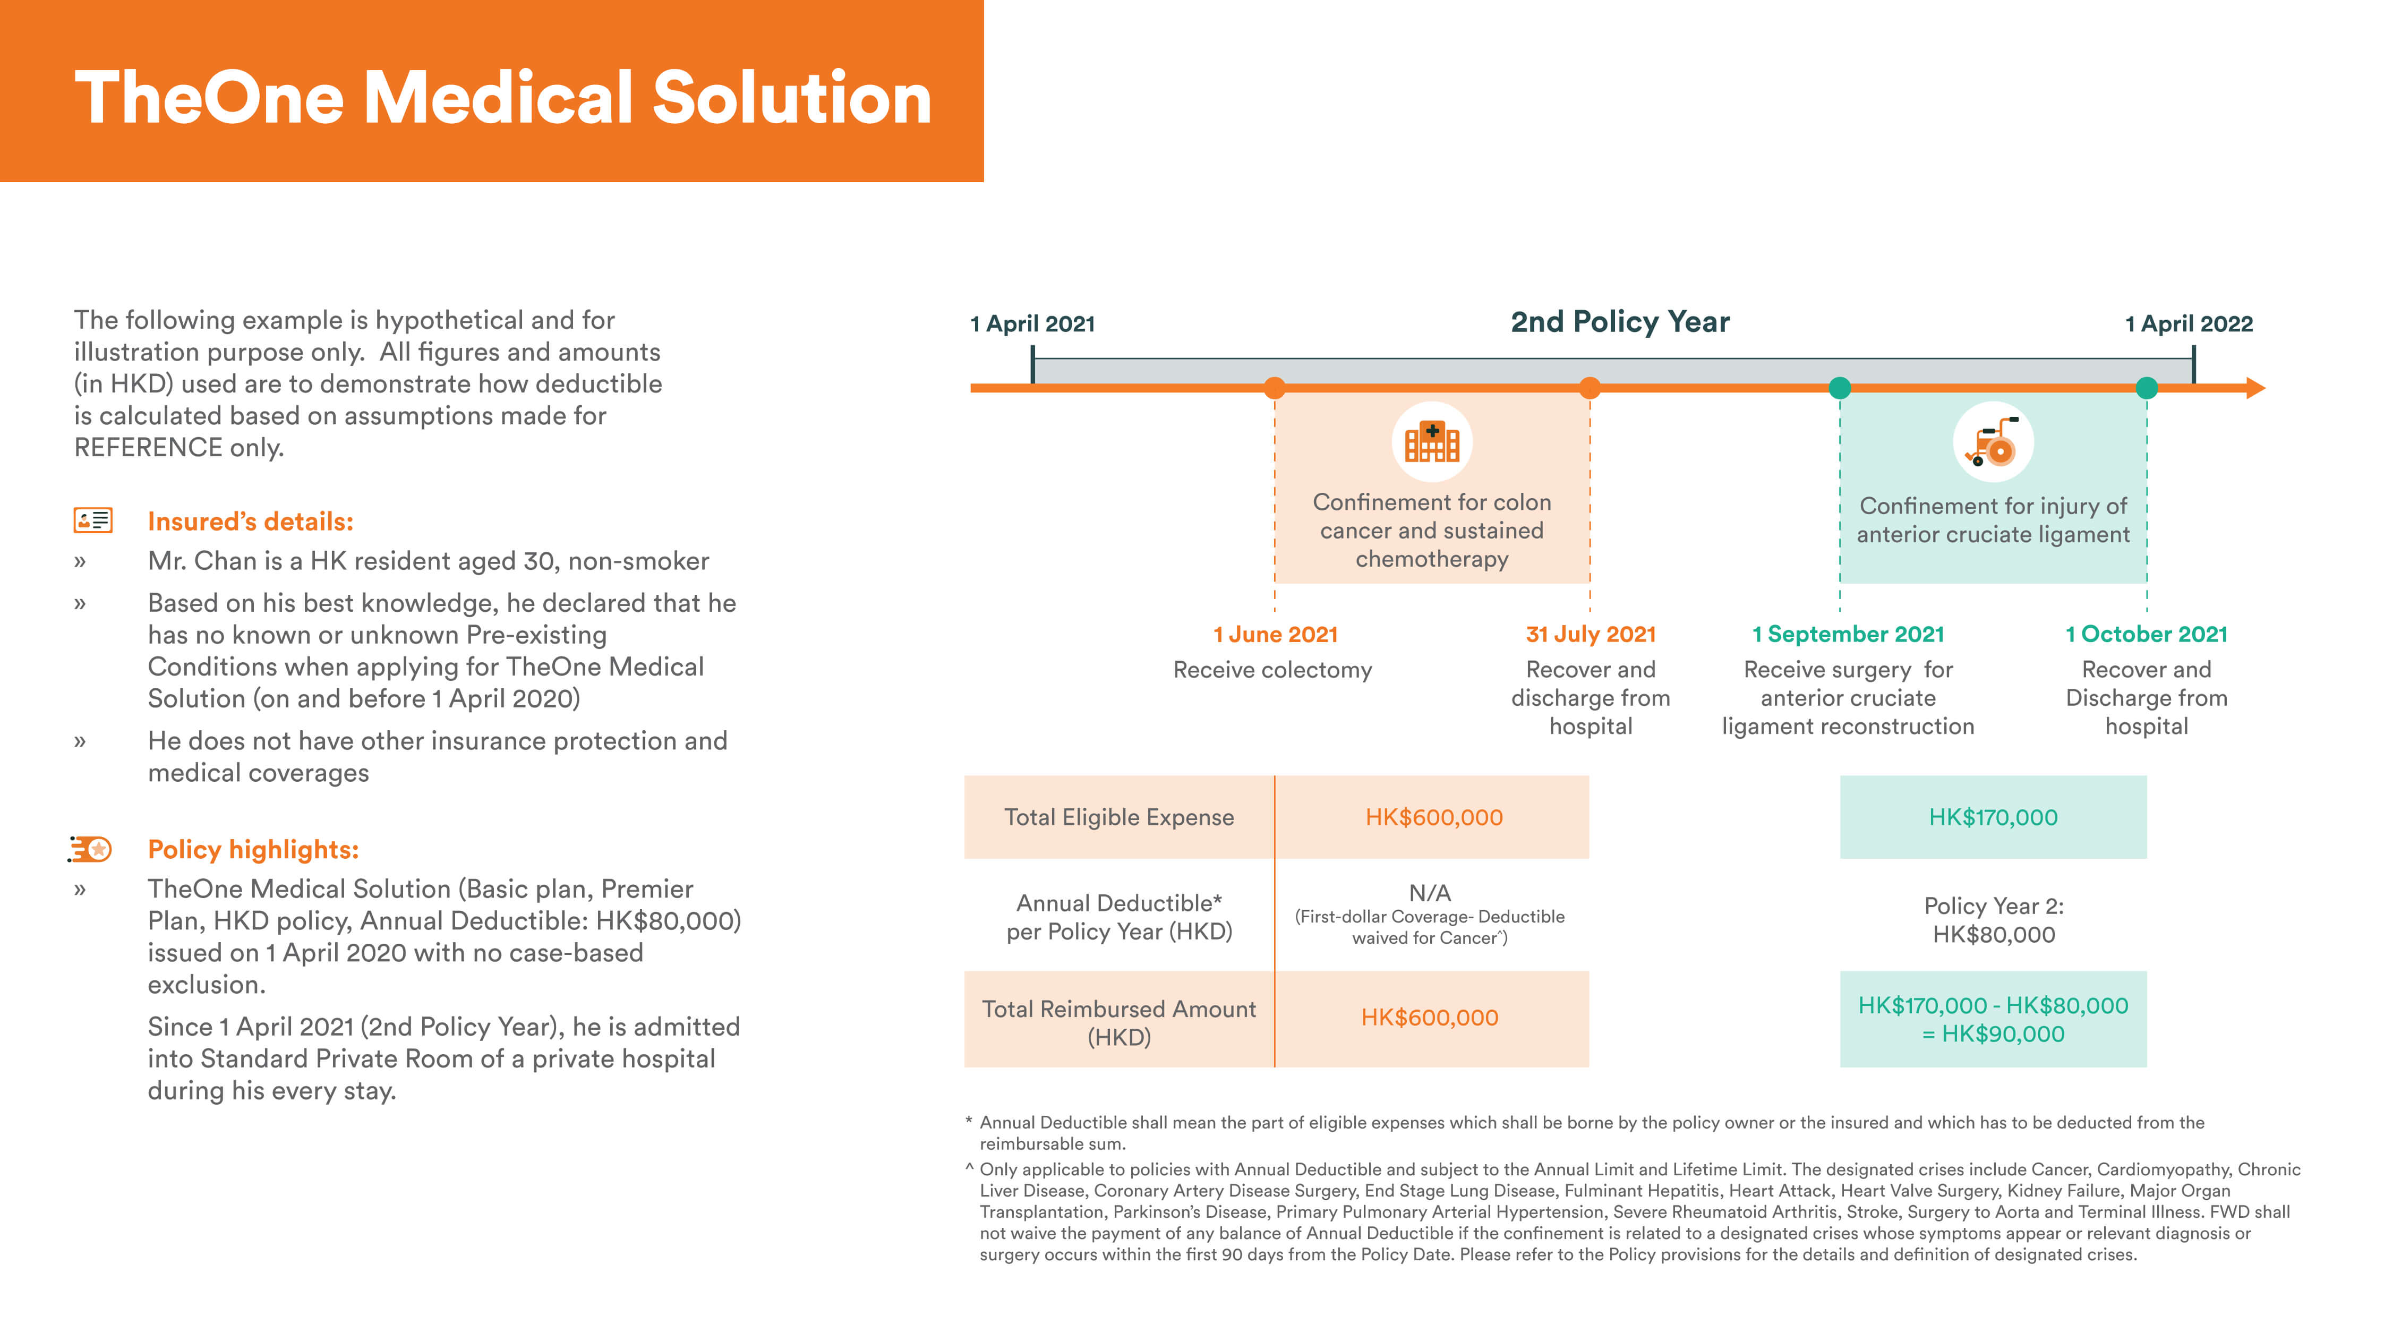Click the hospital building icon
(1432, 442)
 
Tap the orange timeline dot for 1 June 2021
(1275, 388)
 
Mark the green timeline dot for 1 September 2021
(1840, 388)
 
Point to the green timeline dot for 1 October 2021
(2146, 388)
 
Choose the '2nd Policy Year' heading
(1620, 321)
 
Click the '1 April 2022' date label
(2189, 324)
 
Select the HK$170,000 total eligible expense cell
(1993, 817)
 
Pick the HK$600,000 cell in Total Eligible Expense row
(1433, 817)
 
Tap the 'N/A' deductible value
(1430, 893)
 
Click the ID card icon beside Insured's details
(92, 520)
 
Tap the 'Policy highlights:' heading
(253, 850)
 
